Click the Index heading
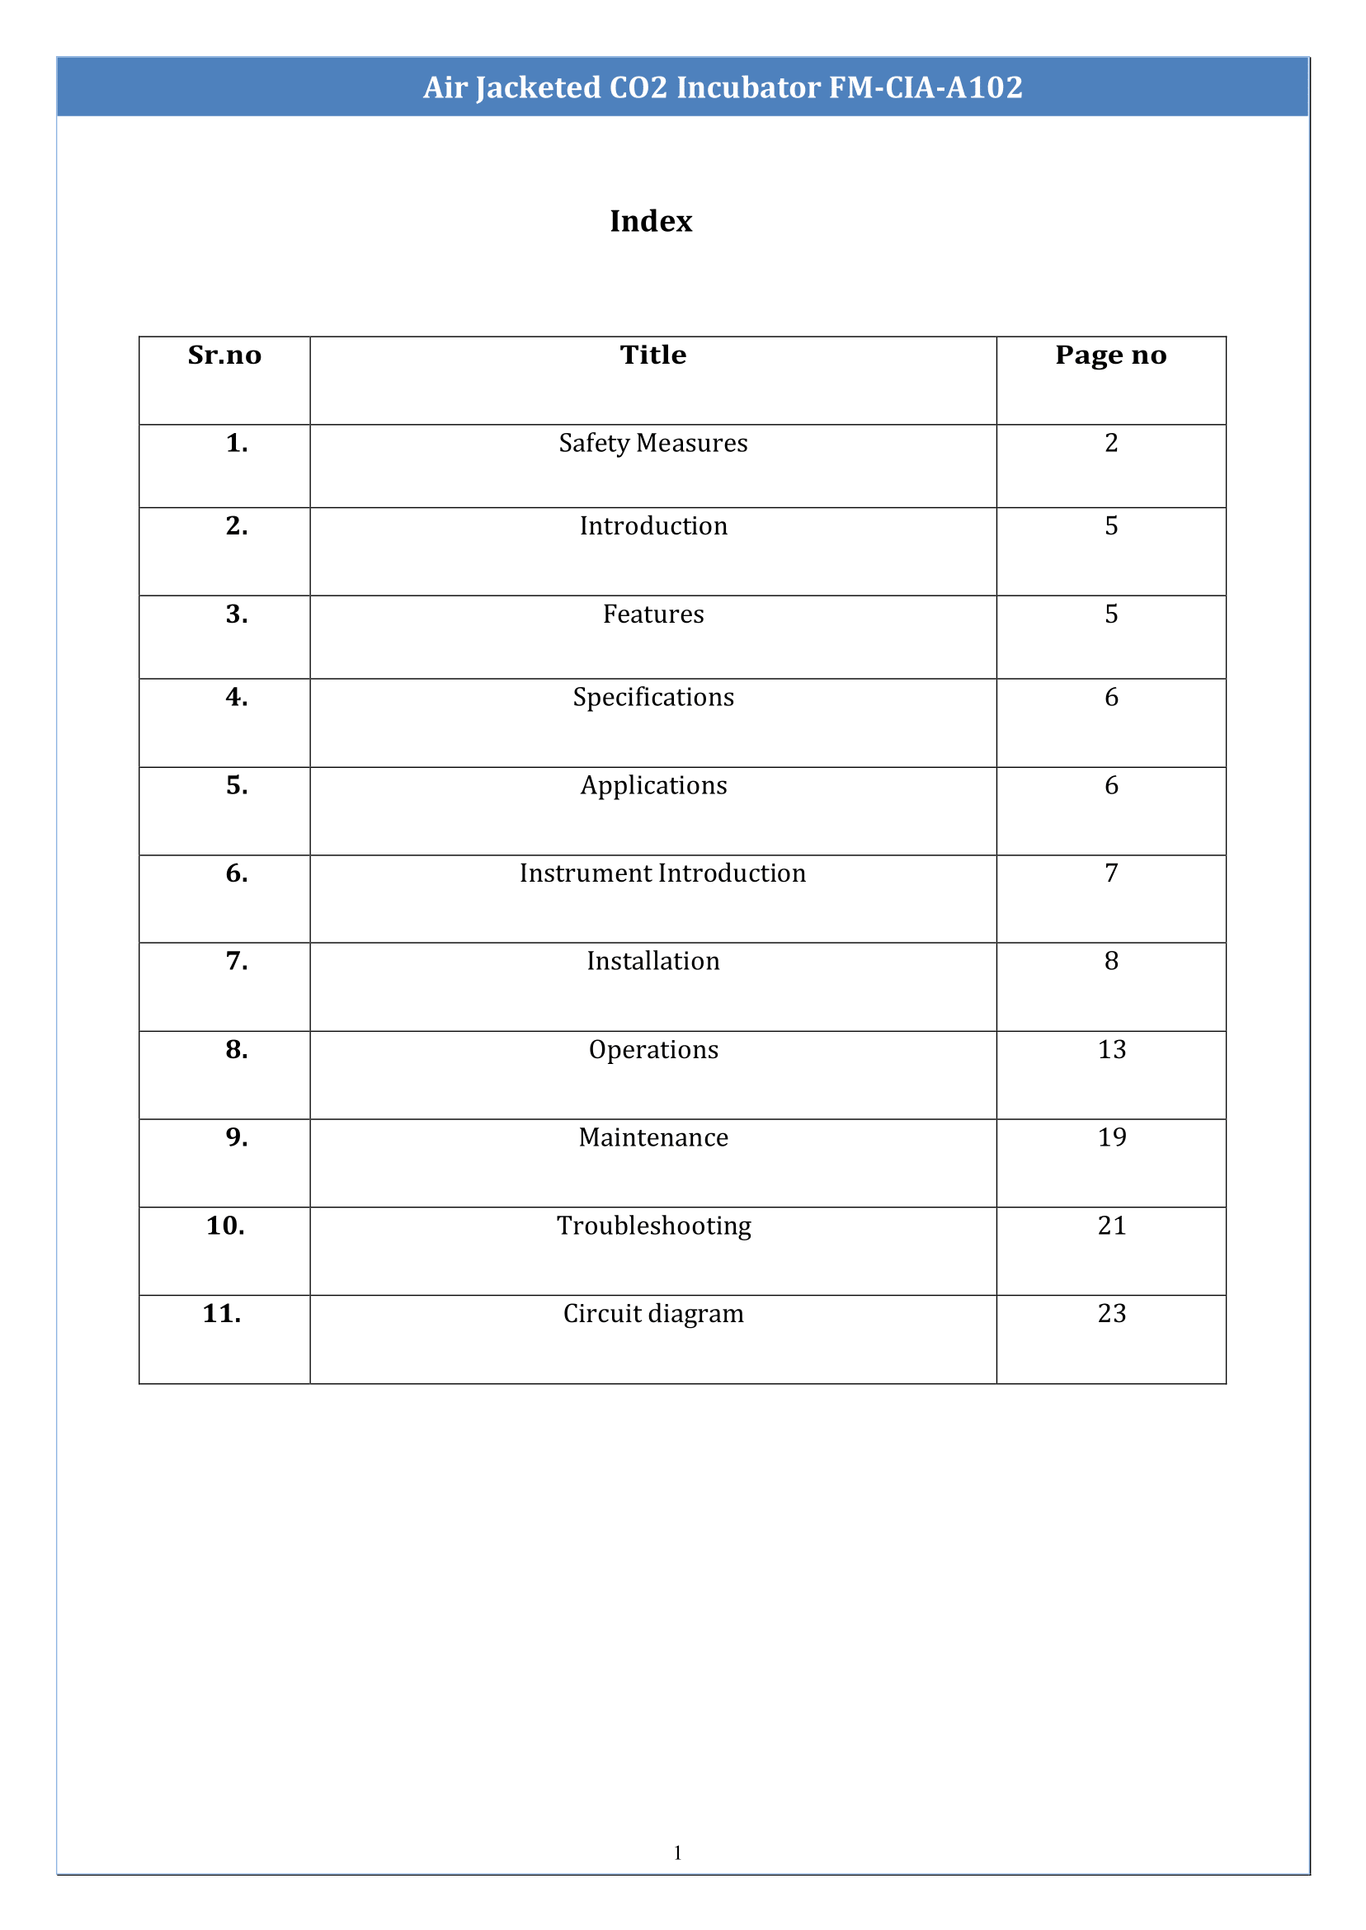point(650,221)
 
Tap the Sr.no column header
point(224,355)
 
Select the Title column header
point(652,355)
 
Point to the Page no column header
point(1110,355)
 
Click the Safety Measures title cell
point(652,443)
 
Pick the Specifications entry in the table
point(652,697)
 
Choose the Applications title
point(652,785)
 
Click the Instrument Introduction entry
point(662,873)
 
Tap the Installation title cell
point(652,961)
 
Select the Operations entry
point(652,1049)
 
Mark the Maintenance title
point(652,1138)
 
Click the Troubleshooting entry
point(653,1226)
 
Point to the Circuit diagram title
point(652,1314)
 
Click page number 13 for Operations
point(1111,1049)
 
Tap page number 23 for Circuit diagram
point(1111,1314)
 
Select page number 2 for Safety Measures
point(1111,443)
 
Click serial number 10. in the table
point(225,1226)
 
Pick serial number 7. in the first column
point(237,961)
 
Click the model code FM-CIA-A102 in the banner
point(926,87)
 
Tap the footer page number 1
point(677,1852)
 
